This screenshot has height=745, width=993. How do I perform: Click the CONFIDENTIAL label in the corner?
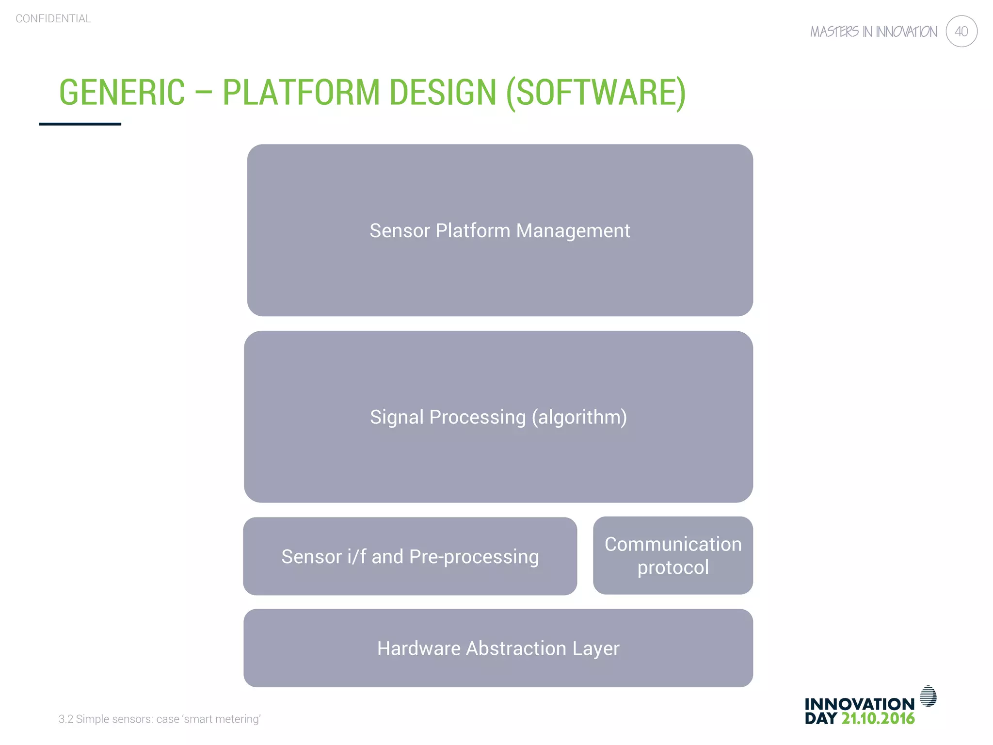(x=53, y=19)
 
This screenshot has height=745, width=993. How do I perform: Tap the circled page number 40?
(x=961, y=32)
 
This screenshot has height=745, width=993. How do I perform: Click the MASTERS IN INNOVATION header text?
(x=873, y=32)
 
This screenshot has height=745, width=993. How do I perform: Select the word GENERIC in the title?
(x=122, y=92)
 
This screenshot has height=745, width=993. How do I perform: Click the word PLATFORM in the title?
(x=301, y=92)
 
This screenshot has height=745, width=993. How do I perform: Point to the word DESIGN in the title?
(x=443, y=92)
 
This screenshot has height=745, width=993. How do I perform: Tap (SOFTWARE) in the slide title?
(x=596, y=92)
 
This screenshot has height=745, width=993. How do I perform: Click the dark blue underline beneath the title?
(x=80, y=124)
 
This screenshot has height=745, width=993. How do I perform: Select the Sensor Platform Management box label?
(x=500, y=231)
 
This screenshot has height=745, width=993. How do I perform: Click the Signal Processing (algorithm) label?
(x=498, y=417)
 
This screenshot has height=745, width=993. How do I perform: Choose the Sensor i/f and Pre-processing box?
(x=410, y=556)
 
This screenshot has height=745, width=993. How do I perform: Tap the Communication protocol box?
(x=673, y=556)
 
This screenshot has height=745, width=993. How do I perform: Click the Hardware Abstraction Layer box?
(x=498, y=648)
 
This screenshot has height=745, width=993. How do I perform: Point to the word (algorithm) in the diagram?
(x=579, y=417)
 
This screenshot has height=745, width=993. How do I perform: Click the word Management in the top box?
(x=573, y=231)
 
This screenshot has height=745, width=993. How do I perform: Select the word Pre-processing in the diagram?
(x=474, y=557)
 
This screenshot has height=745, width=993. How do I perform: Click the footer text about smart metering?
(x=160, y=719)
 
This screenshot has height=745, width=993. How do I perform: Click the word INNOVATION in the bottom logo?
(x=859, y=704)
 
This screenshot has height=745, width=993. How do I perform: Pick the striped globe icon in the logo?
(x=928, y=696)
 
